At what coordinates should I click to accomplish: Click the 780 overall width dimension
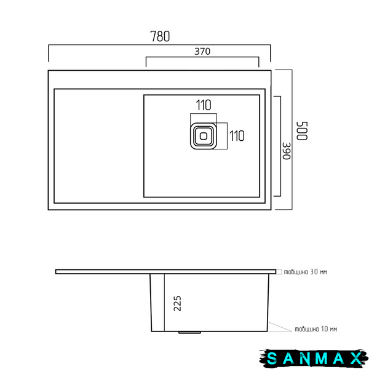tap(160, 36)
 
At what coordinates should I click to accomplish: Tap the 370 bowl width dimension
tap(202, 51)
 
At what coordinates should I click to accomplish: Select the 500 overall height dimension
tap(302, 131)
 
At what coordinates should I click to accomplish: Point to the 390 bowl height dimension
tap(287, 151)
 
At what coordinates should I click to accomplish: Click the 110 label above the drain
tap(204, 105)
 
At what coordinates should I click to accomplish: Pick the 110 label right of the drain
tap(237, 136)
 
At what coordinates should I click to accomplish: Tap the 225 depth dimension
tap(178, 303)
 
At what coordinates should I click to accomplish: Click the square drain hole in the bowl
tap(204, 136)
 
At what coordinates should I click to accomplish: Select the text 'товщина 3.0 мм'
tap(305, 272)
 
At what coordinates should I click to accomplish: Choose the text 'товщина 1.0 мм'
tap(316, 329)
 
